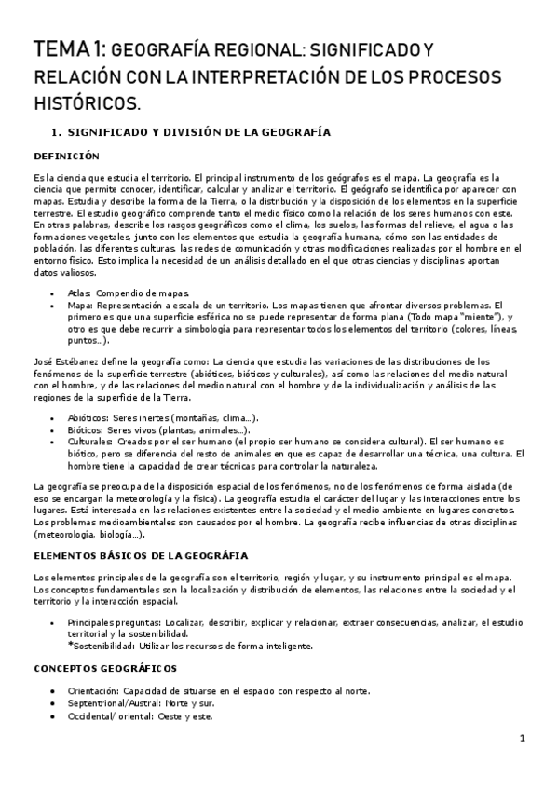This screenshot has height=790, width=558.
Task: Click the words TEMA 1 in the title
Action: click(70, 48)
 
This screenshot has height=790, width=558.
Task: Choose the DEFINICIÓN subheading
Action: click(72, 156)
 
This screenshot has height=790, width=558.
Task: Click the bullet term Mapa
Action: click(80, 305)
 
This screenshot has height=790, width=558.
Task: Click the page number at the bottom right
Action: click(524, 739)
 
